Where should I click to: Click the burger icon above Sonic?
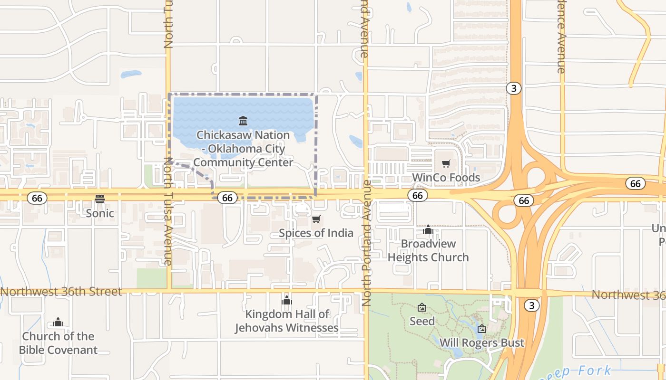[99, 199]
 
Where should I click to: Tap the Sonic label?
[99, 213]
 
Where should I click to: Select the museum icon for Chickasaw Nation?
[243, 121]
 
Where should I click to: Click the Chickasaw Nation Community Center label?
[243, 149]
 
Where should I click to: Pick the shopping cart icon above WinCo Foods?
[446, 164]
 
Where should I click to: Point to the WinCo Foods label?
[446, 178]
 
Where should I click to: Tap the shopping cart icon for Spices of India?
[316, 219]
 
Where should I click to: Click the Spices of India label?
[316, 233]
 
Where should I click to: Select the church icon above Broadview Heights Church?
[428, 230]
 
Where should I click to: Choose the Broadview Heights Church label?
[428, 250]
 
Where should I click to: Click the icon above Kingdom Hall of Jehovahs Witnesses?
[286, 300]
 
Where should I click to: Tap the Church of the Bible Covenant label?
[58, 343]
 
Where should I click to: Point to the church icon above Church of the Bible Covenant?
[58, 323]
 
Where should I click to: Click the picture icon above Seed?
[421, 307]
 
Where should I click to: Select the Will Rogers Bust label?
[481, 342]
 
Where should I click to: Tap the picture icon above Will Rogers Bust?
[481, 328]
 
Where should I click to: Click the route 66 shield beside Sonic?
[37, 198]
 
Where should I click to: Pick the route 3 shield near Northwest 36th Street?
[531, 305]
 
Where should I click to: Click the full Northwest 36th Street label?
[61, 292]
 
